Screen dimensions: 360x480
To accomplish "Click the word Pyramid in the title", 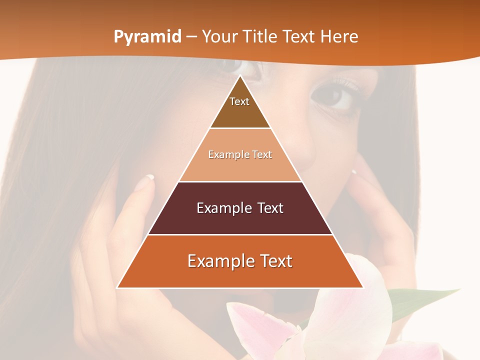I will pos(147,37).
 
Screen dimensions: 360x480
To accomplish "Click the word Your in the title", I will pos(220,37).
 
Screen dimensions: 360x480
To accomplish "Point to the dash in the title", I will pos(191,37).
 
